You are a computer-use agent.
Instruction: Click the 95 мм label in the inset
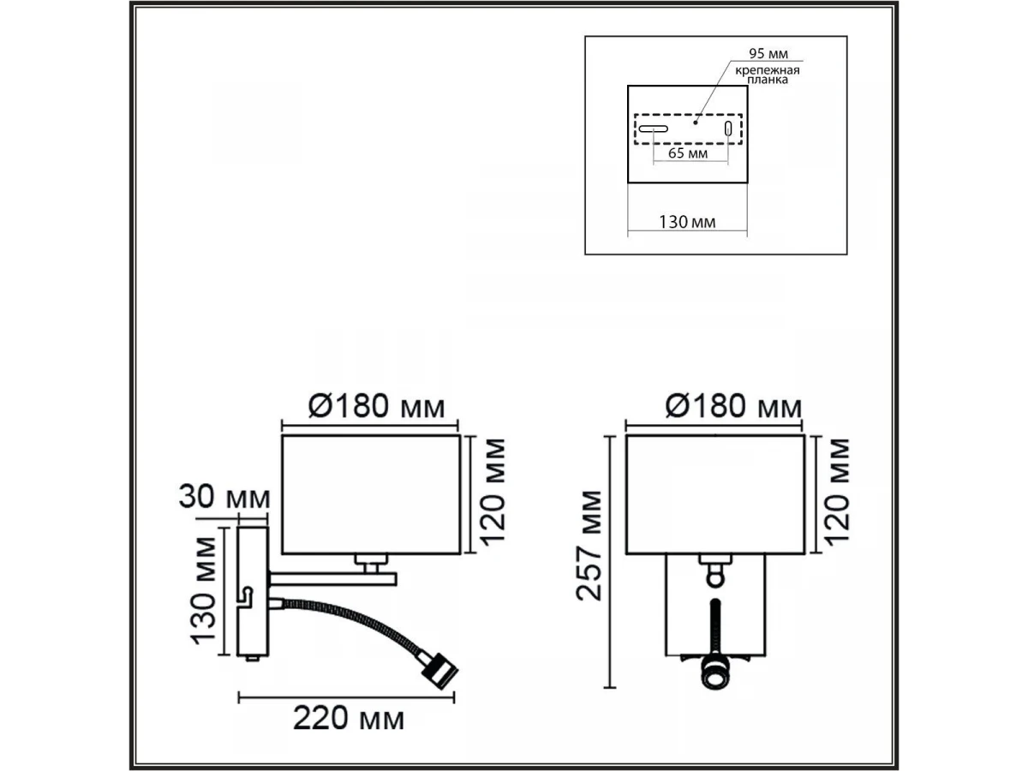click(768, 54)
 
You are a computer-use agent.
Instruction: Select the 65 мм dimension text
click(688, 153)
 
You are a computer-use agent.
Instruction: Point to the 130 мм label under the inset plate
click(687, 222)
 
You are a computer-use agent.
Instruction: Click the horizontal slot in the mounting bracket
click(654, 128)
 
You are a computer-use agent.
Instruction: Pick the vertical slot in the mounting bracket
click(728, 128)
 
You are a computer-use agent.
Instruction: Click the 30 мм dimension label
click(224, 497)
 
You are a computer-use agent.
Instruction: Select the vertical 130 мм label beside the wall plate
click(204, 590)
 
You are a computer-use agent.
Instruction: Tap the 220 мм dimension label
click(349, 719)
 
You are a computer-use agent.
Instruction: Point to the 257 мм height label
click(589, 546)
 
